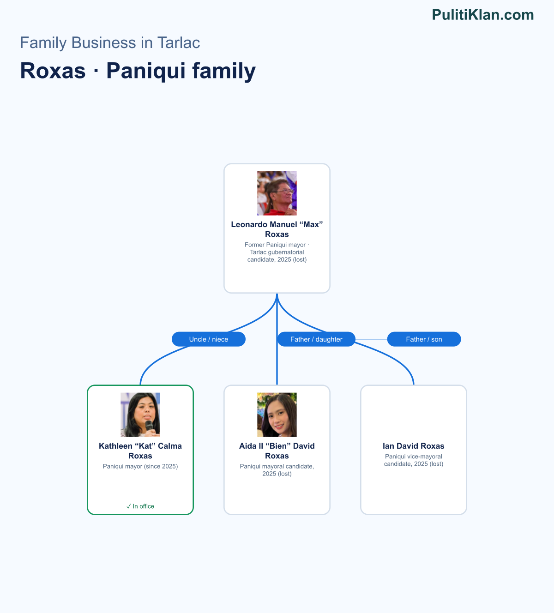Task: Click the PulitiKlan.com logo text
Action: tap(483, 15)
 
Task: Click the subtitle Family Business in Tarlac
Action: tap(110, 42)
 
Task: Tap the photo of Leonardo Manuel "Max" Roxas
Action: tap(277, 193)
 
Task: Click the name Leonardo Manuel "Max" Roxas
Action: tap(277, 229)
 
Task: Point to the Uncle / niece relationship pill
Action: tap(209, 339)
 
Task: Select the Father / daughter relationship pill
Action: tap(316, 339)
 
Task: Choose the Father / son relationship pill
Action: tap(424, 339)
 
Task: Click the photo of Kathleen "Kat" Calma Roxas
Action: tap(140, 415)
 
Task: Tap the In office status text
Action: tap(140, 506)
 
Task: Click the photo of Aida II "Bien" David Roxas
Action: tap(277, 415)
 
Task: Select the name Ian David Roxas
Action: tap(414, 446)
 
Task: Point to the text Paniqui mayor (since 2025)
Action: tap(140, 466)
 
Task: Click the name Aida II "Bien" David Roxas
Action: tap(277, 451)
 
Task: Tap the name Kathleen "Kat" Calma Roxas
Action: tap(140, 451)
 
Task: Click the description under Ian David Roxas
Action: tap(414, 460)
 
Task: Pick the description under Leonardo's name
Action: tap(277, 252)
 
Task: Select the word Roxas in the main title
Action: tap(53, 71)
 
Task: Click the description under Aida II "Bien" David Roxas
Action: tap(277, 470)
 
